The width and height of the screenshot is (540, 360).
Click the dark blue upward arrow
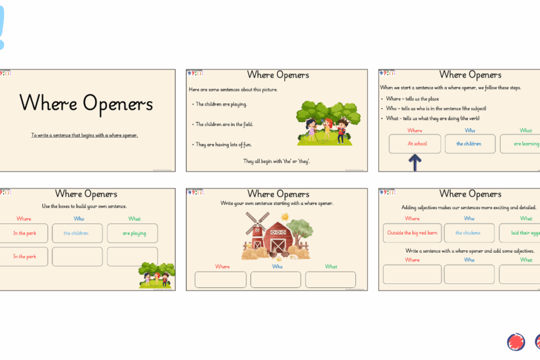(415, 162)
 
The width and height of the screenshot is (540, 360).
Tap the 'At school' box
(415, 143)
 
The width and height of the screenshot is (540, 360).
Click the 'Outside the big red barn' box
(412, 233)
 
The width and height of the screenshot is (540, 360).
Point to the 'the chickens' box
(469, 233)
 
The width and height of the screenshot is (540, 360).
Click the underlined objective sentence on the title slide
(85, 135)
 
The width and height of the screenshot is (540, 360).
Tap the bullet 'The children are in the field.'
(224, 124)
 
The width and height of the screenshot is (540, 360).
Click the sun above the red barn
(285, 217)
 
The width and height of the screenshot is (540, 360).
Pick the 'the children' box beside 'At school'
(470, 143)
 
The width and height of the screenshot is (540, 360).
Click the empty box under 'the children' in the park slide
(77, 257)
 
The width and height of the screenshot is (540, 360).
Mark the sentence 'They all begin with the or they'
(276, 161)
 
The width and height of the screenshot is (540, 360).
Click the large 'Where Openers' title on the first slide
(86, 103)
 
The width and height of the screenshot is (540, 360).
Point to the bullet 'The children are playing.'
(221, 105)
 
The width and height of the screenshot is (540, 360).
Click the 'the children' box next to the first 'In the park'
(77, 233)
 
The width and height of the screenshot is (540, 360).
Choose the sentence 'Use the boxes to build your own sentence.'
(84, 206)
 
